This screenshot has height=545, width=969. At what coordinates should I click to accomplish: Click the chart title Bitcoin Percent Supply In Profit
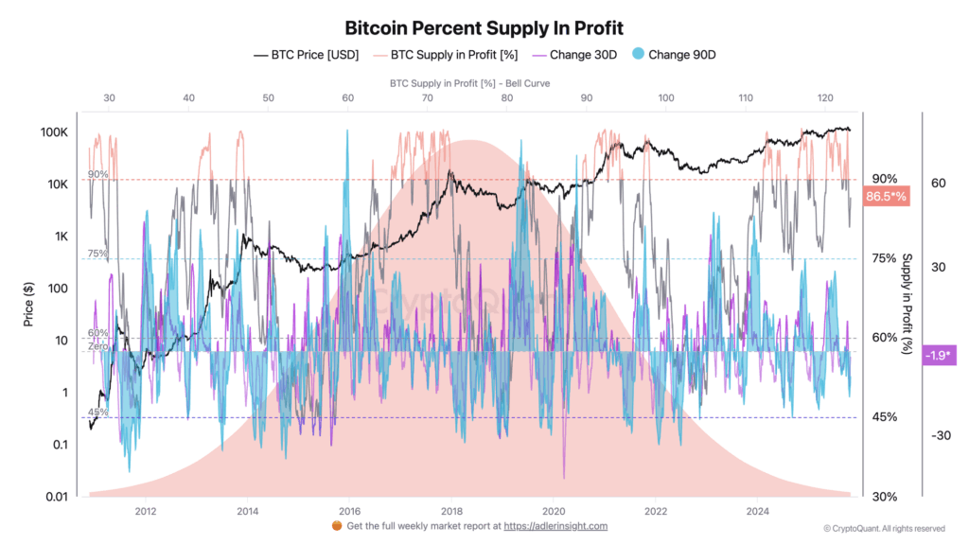click(x=484, y=27)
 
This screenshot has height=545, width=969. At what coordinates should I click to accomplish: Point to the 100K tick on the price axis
click(x=53, y=132)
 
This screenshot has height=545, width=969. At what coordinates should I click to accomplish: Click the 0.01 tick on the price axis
click(x=56, y=497)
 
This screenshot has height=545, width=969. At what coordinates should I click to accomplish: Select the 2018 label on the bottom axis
click(x=450, y=512)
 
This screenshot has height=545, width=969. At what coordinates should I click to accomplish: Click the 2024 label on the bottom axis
click(x=757, y=512)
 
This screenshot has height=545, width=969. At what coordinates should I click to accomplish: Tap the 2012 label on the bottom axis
click(x=145, y=512)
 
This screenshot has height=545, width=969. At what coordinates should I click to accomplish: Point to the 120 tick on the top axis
click(x=824, y=97)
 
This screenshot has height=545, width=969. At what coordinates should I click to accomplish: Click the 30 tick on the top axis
click(x=109, y=97)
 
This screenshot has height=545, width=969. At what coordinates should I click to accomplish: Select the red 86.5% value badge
click(x=886, y=197)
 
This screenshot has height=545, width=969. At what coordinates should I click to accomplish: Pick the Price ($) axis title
click(x=30, y=304)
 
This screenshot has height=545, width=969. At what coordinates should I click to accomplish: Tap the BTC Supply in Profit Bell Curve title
click(x=469, y=83)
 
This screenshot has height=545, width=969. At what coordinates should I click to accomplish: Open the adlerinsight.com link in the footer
click(x=555, y=526)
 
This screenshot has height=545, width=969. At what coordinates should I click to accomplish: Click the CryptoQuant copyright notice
click(x=884, y=529)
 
